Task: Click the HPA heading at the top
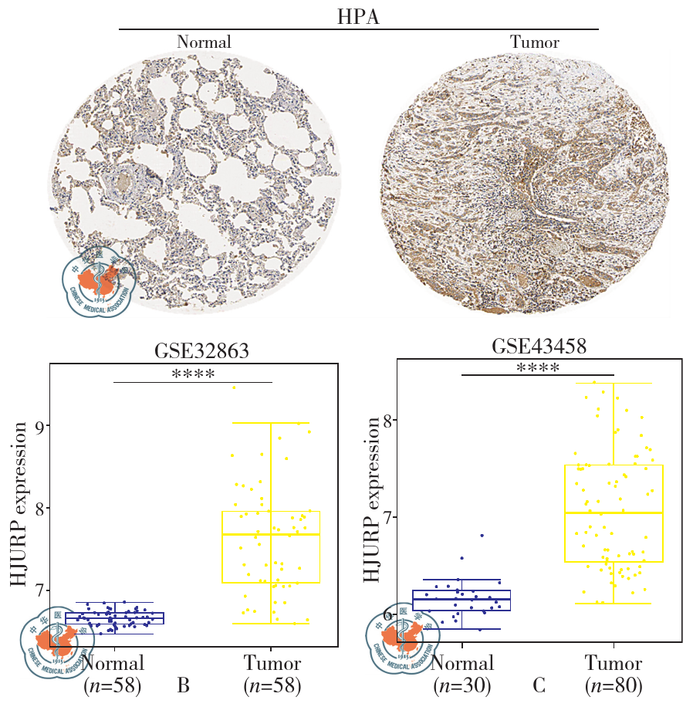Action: [x=358, y=17]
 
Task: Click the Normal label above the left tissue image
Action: [x=204, y=42]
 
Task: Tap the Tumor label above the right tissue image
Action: [x=535, y=42]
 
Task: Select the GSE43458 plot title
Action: [x=539, y=347]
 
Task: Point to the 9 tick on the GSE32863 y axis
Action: [x=39, y=425]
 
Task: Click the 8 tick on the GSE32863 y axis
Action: [x=39, y=508]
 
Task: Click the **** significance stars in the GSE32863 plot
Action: [x=193, y=374]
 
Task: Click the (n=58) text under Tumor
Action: [x=272, y=685]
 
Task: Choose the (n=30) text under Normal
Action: [x=462, y=685]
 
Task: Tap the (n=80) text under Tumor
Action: [x=614, y=685]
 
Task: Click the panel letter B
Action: [x=183, y=685]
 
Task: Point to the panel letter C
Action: [x=539, y=685]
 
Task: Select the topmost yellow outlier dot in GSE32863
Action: [x=235, y=387]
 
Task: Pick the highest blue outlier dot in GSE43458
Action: [x=482, y=535]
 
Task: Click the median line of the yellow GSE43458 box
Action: [x=614, y=512]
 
